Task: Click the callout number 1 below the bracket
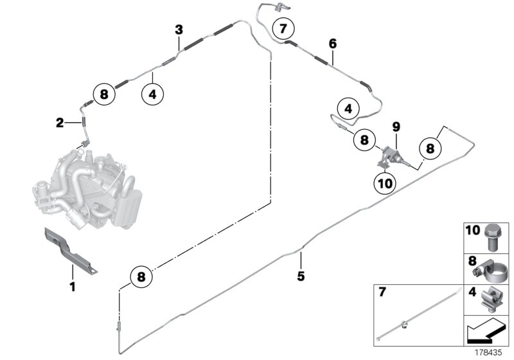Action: [73, 286]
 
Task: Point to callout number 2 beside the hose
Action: [58, 122]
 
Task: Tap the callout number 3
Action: [179, 30]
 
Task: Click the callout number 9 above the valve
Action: [396, 126]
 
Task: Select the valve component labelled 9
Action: [389, 157]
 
